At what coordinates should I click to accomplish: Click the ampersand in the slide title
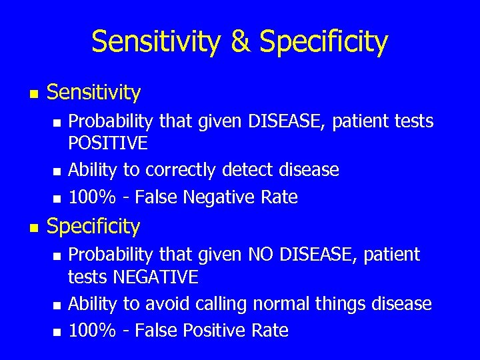(x=241, y=41)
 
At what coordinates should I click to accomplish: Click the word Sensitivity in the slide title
(x=156, y=41)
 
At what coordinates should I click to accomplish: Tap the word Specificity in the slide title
(x=323, y=41)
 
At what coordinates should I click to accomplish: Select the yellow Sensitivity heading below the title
(x=94, y=93)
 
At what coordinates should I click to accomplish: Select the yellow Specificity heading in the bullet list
(x=93, y=227)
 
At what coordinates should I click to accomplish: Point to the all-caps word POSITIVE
(x=109, y=143)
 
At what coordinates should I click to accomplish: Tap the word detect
(x=248, y=171)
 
